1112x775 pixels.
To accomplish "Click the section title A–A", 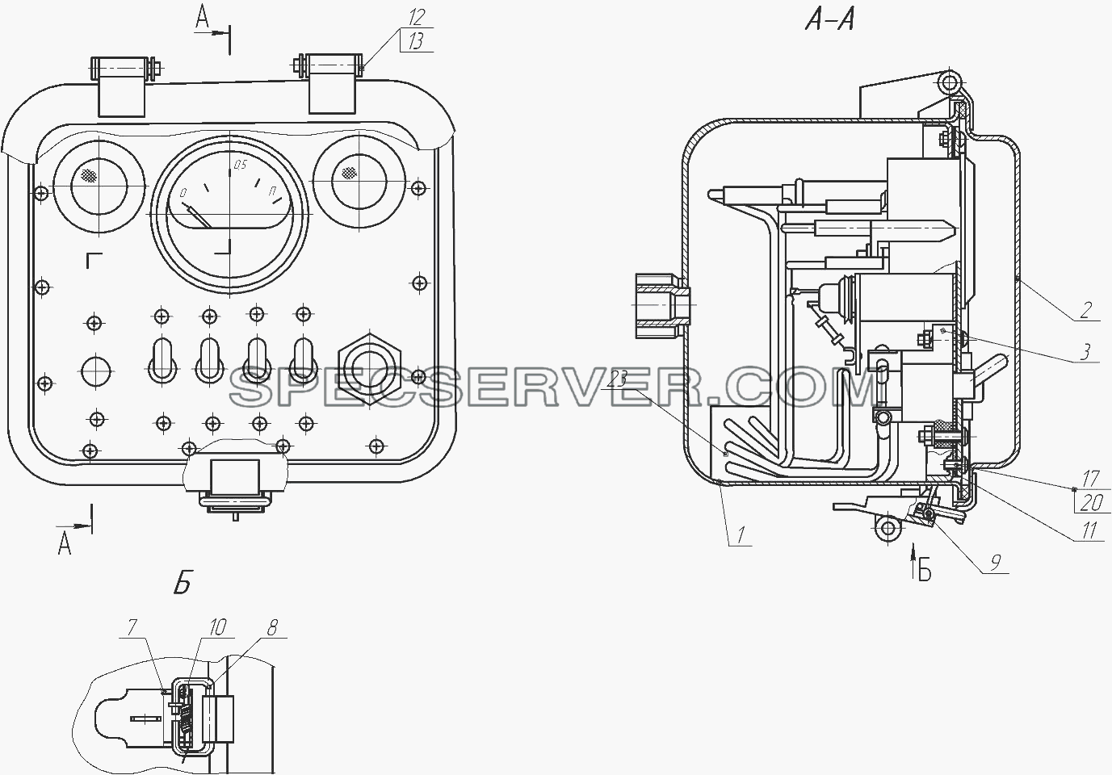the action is tap(829, 21).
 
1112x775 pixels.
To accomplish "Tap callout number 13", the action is tap(416, 43).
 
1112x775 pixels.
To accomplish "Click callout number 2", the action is tap(1085, 310).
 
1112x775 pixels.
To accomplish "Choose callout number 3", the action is tap(1085, 352).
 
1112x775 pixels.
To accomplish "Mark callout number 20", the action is tap(1091, 503).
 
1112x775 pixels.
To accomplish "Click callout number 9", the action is tap(994, 563).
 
